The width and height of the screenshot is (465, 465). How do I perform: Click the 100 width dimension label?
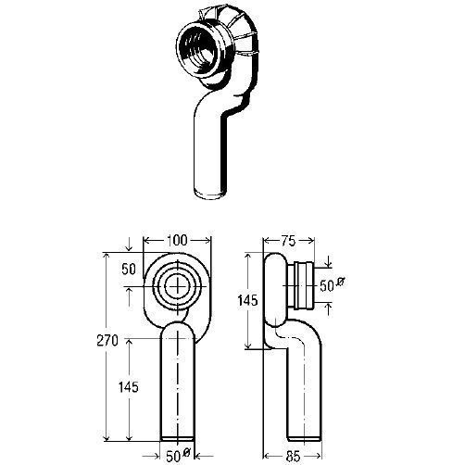click(x=177, y=240)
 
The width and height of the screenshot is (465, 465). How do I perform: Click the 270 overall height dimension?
click(x=107, y=341)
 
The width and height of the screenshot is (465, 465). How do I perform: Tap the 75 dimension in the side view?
click(x=288, y=241)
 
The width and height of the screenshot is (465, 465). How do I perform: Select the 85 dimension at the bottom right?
click(x=293, y=456)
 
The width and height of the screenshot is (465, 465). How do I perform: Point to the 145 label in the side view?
click(x=247, y=300)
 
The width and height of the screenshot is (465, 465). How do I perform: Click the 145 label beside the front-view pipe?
click(x=129, y=386)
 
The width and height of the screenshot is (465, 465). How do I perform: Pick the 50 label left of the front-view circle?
click(x=129, y=270)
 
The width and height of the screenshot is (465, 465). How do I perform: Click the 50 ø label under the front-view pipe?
click(x=178, y=456)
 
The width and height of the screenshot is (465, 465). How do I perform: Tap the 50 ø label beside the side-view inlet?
click(x=332, y=285)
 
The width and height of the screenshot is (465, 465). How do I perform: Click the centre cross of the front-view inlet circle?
click(x=178, y=287)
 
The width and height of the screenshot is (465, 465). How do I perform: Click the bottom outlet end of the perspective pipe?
click(x=209, y=194)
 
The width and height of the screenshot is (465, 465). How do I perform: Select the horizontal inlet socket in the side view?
click(x=301, y=285)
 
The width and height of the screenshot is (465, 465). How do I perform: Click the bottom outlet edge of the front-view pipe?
click(x=178, y=438)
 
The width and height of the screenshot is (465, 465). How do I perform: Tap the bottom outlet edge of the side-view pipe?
click(x=305, y=438)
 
